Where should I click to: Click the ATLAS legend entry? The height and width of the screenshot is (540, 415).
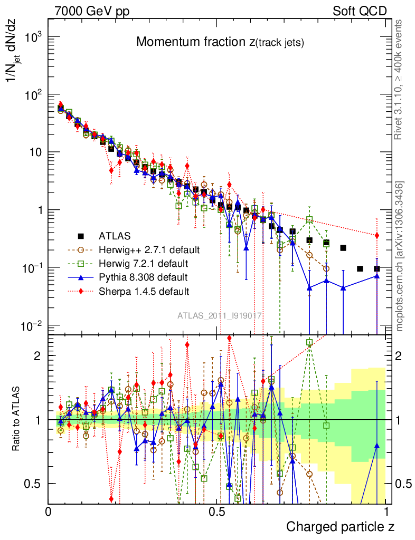(114, 235)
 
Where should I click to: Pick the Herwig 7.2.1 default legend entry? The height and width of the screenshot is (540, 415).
(143, 263)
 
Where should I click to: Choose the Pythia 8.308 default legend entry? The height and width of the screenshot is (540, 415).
(143, 276)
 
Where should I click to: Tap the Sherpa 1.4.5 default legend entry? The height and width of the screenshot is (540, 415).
(144, 290)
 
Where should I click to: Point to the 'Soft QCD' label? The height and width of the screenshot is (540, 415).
(360, 11)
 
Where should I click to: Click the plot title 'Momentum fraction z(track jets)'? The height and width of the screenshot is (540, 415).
(220, 43)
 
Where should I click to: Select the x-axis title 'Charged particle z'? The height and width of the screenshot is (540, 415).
(340, 526)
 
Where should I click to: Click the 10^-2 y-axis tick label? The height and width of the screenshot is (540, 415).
(34, 325)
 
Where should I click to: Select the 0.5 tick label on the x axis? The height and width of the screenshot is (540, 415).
(218, 512)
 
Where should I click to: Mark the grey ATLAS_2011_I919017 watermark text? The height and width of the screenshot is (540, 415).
(220, 315)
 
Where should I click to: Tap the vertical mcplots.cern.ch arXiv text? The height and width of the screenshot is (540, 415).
(400, 256)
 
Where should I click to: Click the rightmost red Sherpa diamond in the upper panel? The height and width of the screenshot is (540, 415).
(376, 235)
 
